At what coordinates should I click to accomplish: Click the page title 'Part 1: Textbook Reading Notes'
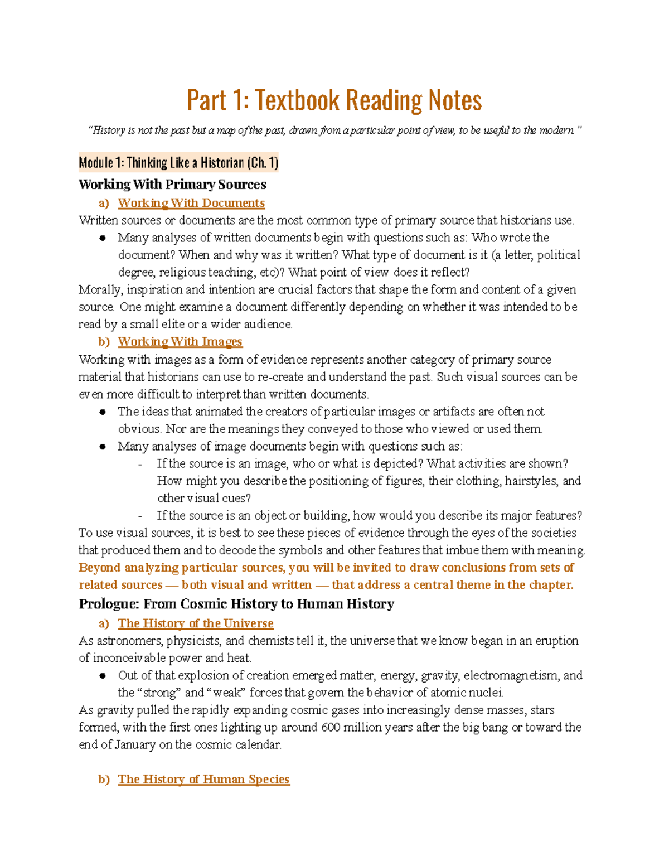(x=334, y=101)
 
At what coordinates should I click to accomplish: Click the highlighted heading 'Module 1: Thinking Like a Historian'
(x=178, y=163)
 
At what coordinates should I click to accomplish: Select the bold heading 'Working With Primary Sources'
(x=172, y=185)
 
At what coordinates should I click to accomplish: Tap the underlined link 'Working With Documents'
(x=191, y=203)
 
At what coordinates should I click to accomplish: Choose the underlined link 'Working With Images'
(x=180, y=341)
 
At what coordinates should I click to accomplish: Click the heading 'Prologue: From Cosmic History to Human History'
(x=236, y=604)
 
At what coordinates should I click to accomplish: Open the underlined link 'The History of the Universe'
(x=196, y=623)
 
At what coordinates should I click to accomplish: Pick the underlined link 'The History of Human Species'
(x=203, y=779)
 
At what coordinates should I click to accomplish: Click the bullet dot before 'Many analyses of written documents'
(x=103, y=238)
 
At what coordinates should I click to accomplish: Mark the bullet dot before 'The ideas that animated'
(x=103, y=412)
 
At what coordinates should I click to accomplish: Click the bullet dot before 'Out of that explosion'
(x=103, y=676)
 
